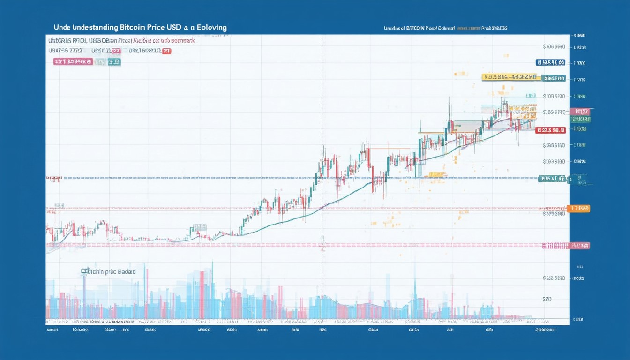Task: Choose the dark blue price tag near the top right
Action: click(551, 62)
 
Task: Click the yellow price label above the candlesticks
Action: click(510, 77)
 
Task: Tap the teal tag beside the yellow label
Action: click(554, 78)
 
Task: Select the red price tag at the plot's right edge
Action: click(551, 130)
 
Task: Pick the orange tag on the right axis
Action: click(578, 208)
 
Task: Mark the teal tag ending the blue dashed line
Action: click(553, 179)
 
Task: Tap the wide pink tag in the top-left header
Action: click(73, 61)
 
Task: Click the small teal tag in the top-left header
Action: click(114, 61)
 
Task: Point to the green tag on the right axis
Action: click(580, 120)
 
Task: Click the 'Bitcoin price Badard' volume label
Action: click(109, 271)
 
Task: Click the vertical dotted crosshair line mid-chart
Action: click(322, 117)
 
